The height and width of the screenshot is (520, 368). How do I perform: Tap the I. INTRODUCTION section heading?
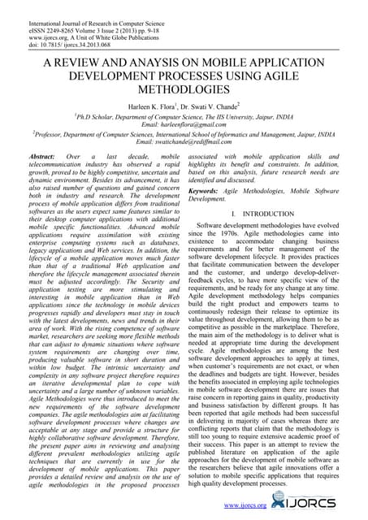pyautogui.click(x=267, y=213)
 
